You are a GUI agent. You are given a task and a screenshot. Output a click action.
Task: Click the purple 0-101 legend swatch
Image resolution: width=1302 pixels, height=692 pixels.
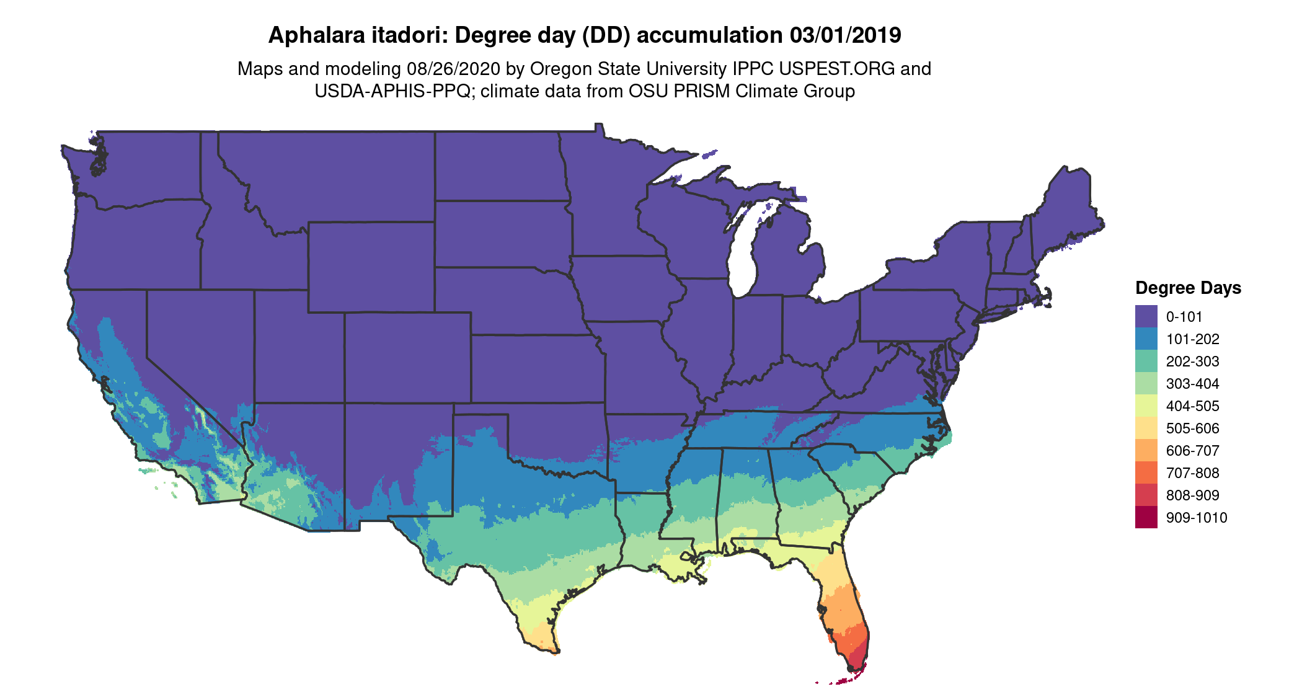[1146, 316]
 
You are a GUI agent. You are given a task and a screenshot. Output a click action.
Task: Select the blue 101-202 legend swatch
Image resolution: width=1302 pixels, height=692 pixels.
[1146, 339]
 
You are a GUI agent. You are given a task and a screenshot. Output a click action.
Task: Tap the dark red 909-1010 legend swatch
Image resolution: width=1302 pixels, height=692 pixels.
[1146, 517]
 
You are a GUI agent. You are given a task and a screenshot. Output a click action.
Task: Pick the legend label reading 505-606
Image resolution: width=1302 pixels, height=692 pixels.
[1192, 428]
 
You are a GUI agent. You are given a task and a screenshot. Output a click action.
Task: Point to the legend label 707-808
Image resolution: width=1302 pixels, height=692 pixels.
[1192, 473]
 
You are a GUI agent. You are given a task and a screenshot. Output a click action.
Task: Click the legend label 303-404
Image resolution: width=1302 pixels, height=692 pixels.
[1192, 384]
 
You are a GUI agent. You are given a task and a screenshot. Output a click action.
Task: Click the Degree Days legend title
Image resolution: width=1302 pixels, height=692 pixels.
[1188, 288]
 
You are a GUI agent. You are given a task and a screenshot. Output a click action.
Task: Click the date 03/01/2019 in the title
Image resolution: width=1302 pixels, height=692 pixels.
[845, 35]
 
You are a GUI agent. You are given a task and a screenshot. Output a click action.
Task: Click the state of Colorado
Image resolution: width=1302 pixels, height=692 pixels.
[407, 358]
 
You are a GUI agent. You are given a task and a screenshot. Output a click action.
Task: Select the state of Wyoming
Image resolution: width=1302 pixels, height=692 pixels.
[371, 267]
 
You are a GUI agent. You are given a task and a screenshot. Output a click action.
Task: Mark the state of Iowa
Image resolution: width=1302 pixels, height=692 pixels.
[626, 288]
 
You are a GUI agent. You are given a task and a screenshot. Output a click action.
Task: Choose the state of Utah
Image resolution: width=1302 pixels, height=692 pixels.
[298, 347]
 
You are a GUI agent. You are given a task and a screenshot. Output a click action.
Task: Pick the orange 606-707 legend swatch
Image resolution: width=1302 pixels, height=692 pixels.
[1146, 450]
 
